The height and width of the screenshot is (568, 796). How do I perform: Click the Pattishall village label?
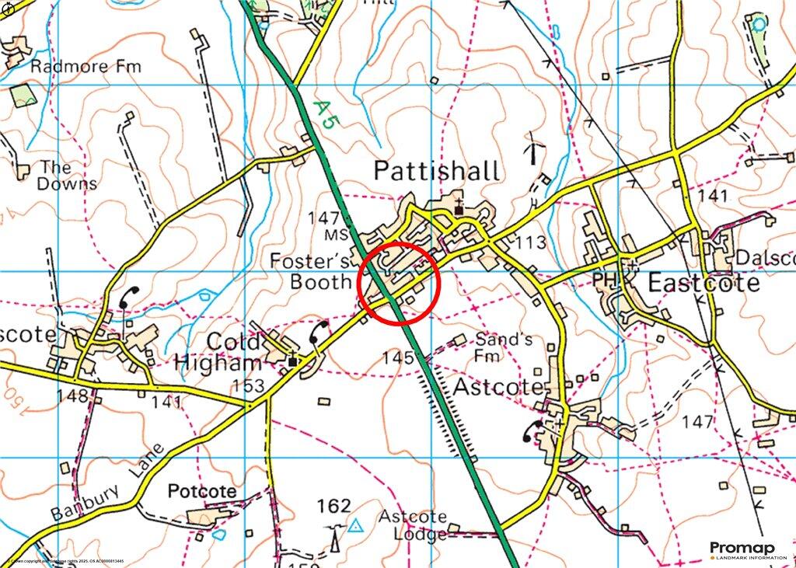click(x=437, y=172)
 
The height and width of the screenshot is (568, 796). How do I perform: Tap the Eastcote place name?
click(x=703, y=282)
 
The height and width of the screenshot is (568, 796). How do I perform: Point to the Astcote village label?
click(x=498, y=386)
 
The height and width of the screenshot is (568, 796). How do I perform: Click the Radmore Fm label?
click(x=86, y=67)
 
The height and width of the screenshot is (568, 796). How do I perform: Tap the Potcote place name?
click(x=202, y=492)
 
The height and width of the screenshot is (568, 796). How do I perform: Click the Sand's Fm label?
click(x=504, y=347)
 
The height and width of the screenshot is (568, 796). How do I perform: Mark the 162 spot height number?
click(x=334, y=507)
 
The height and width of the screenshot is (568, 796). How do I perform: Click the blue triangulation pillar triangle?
click(x=356, y=526)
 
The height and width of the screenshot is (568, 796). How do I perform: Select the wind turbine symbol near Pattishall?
click(x=534, y=147)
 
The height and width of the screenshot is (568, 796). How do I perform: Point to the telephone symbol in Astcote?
click(x=534, y=430)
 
